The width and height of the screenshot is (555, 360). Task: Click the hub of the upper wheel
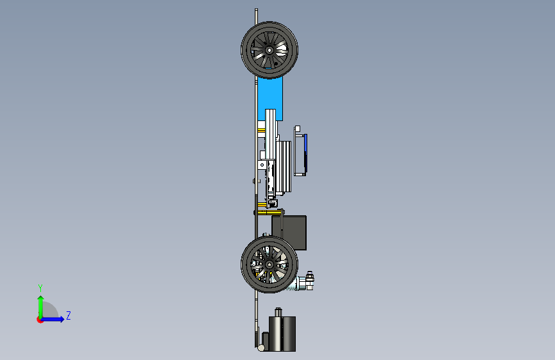pyautogui.click(x=269, y=51)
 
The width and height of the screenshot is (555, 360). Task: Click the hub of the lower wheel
pyautogui.click(x=269, y=265)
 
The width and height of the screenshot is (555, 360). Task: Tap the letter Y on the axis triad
pyautogui.click(x=40, y=288)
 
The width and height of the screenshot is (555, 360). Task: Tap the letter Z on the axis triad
pyautogui.click(x=68, y=315)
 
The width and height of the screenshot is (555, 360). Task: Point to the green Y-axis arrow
pyautogui.click(x=41, y=307)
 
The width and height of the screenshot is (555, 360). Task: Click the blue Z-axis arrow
pyautogui.click(x=52, y=319)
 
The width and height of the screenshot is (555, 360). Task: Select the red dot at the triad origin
pyautogui.click(x=39, y=320)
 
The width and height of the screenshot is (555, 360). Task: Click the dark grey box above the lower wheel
pyautogui.click(x=289, y=233)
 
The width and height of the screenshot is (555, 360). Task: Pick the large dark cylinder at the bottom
pyautogui.click(x=282, y=334)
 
